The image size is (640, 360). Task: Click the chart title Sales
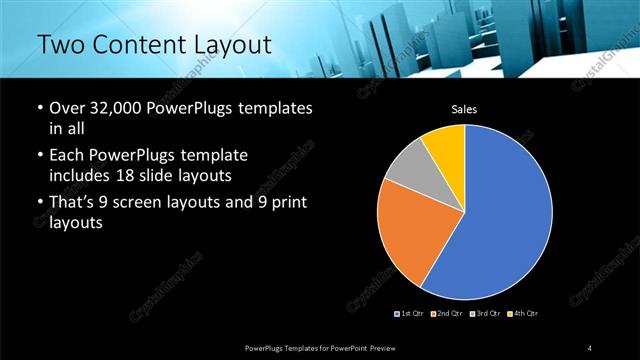(464, 110)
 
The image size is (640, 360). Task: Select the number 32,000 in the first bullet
(116, 108)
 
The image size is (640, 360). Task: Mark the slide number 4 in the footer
(589, 347)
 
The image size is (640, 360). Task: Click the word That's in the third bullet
(73, 205)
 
